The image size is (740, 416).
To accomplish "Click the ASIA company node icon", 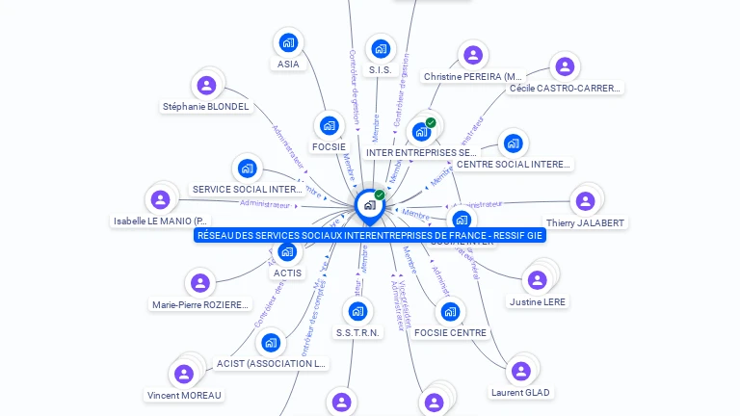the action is coord(288,42).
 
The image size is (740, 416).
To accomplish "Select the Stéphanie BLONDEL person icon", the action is coord(205,86).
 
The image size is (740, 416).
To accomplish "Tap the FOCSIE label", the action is coord(329,146).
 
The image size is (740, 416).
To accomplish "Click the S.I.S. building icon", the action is coord(382,49).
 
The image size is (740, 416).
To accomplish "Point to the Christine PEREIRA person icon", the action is coord(472,55).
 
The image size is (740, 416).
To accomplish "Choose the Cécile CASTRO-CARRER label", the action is coord(566,89).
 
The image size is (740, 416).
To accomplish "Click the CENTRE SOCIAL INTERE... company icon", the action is coord(513,143).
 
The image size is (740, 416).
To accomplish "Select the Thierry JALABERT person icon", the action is coord(584,201).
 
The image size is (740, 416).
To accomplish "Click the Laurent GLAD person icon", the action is coord(520,371).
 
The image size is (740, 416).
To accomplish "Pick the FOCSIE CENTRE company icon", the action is coord(450,312).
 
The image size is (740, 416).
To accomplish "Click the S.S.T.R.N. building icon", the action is coord(358,311).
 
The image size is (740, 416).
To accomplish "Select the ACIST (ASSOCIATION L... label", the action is coord(272,364).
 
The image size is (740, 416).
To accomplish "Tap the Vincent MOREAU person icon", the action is coord(183,374).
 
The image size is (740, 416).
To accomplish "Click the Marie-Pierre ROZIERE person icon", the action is coord(199,283).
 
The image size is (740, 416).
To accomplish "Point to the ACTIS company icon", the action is coord(287,252).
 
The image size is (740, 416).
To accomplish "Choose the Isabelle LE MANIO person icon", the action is coord(160,200).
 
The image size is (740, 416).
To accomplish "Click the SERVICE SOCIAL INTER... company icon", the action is coord(248,169).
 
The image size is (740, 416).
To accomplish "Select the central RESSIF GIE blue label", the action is coord(369,235).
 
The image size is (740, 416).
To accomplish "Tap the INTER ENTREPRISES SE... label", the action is coord(421,152).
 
